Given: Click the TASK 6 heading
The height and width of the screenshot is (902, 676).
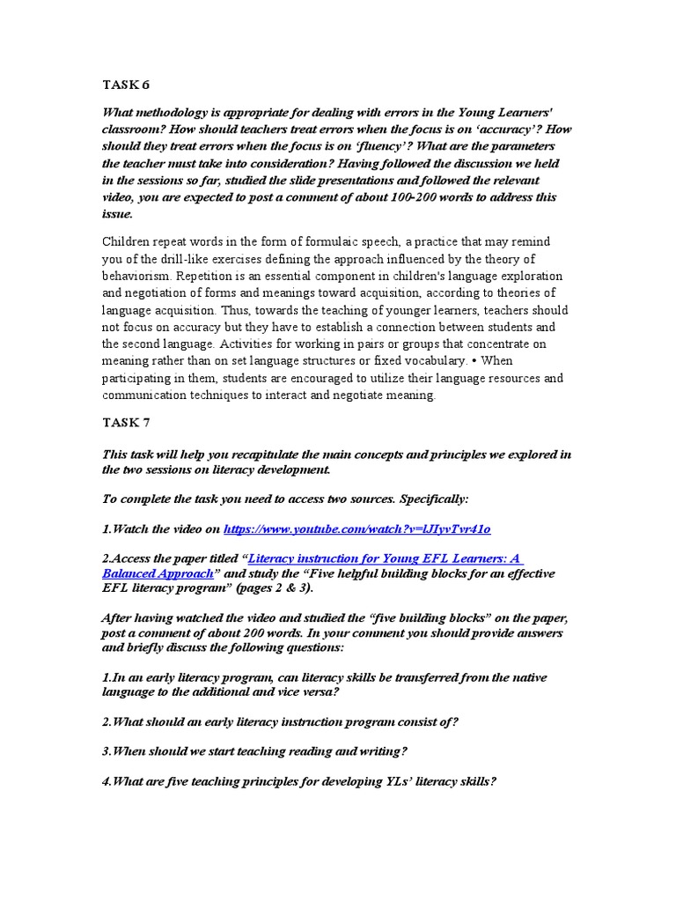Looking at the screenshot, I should point(127,85).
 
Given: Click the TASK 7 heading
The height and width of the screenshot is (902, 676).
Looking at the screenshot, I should point(127,424).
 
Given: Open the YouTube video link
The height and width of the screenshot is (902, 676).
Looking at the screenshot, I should point(356,529).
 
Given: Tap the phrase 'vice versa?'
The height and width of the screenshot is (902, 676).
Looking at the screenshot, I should point(309,692).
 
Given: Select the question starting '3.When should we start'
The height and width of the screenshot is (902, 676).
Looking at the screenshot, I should point(254,751).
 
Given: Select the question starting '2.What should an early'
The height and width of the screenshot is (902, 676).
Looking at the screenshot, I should point(280,722).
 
